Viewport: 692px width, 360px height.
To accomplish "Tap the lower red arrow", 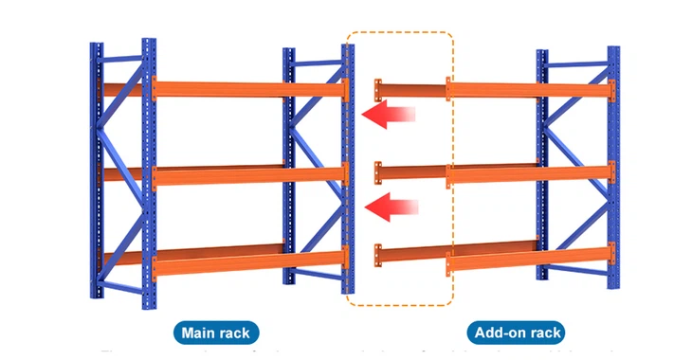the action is click(x=392, y=205).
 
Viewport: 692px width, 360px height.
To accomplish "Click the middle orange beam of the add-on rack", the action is click(x=531, y=174).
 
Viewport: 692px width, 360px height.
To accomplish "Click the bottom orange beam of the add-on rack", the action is click(x=531, y=257).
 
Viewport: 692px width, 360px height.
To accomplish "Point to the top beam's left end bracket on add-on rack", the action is click(x=379, y=90).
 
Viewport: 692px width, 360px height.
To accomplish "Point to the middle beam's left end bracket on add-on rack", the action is click(x=379, y=172).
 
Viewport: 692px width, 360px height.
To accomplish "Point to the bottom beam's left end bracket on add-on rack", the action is click(x=379, y=255).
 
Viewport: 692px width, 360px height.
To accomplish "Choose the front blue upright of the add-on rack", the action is click(x=612, y=166).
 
